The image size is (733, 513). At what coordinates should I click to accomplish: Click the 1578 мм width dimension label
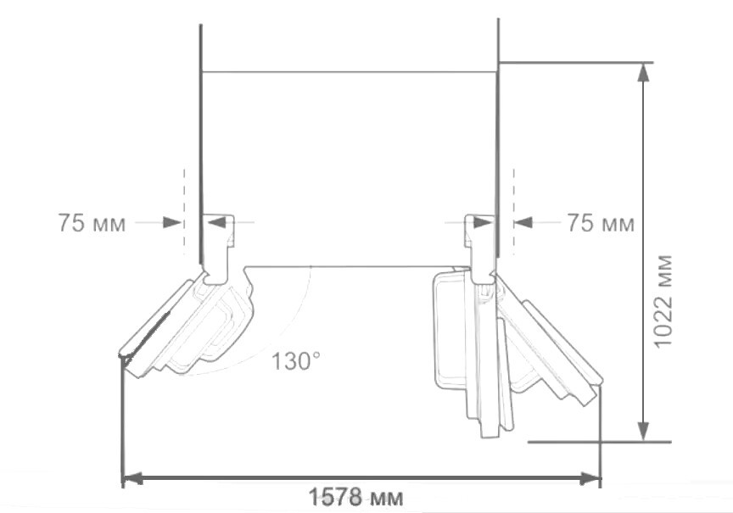[355, 498]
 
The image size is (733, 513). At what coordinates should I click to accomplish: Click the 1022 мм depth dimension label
[663, 301]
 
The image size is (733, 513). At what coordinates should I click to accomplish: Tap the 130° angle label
[296, 360]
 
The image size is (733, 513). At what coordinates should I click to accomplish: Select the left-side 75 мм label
[92, 223]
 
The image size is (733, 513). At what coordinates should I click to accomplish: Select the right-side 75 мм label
[602, 223]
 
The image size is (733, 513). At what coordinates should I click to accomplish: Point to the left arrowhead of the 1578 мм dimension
[132, 478]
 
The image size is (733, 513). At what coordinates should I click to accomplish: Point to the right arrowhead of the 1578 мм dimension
[590, 478]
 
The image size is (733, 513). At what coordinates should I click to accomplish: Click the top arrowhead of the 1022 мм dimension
[644, 72]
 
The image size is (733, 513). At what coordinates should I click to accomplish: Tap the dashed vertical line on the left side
[184, 211]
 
